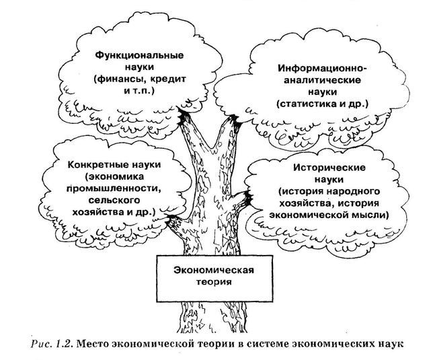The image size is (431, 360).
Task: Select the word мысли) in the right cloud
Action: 371,215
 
